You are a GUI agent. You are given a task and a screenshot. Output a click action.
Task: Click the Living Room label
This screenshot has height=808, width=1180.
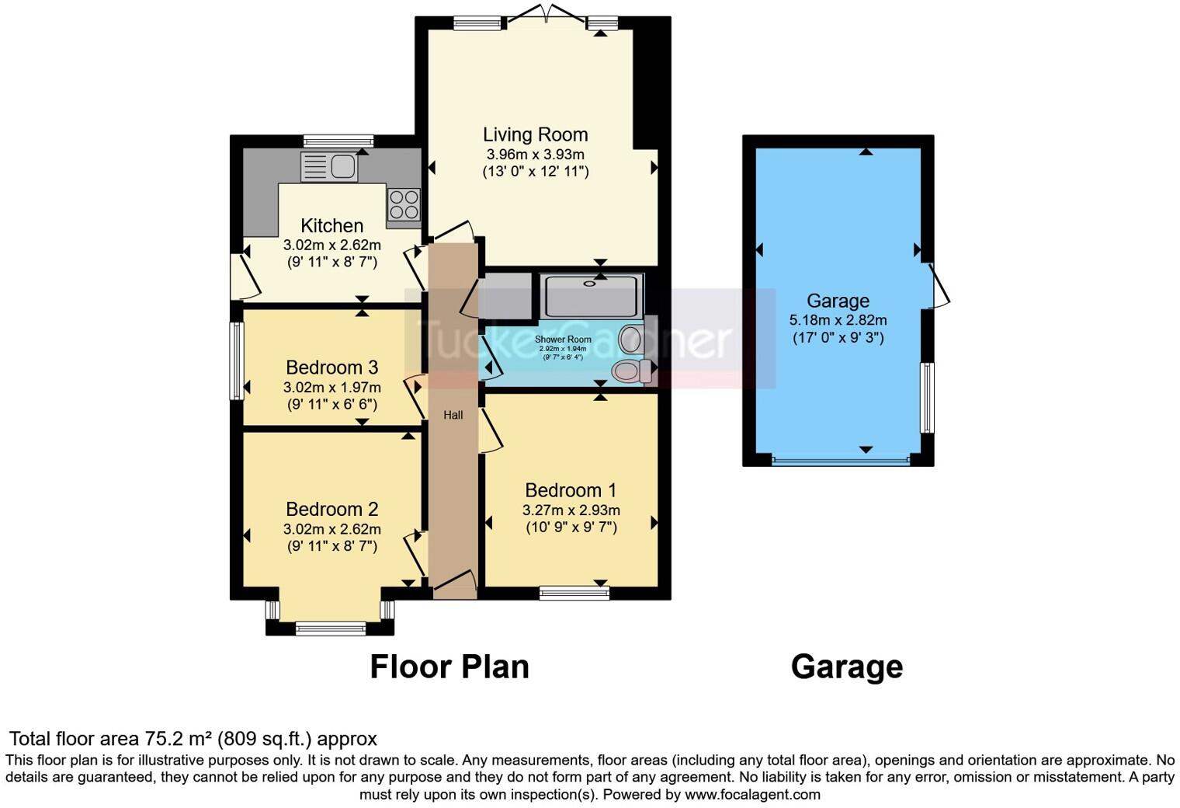pos(535,134)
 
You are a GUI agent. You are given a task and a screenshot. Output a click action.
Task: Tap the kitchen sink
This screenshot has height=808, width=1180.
pos(329,166)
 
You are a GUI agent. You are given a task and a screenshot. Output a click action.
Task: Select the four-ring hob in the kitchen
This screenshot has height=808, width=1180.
pos(404,204)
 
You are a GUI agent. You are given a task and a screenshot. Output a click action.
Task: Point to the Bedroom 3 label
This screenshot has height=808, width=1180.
pos(331,367)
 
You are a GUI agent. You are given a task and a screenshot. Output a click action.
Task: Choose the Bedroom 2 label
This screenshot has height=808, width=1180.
pos(331,509)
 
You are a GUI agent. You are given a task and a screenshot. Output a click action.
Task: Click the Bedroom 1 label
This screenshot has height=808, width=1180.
pos(571,490)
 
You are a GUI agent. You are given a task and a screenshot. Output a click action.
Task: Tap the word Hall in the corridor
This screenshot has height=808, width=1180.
pos(453,415)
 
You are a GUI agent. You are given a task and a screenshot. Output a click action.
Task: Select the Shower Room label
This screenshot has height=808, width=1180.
pos(563,340)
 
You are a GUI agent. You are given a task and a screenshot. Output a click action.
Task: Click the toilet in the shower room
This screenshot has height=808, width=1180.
pos(633,371)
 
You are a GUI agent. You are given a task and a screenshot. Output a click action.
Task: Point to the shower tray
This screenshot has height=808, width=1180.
pos(593,295)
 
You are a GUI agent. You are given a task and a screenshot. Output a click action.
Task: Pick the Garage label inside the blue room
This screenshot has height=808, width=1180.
pos(838,301)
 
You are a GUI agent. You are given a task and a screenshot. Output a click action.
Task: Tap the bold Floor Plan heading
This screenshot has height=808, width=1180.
pos(449,667)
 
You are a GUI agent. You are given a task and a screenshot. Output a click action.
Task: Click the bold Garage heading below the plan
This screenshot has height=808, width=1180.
pos(846,667)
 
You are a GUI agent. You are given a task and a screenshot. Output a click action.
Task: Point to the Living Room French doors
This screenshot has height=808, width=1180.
pos(547,16)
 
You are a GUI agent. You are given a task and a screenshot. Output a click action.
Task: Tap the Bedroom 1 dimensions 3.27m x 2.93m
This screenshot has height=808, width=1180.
pos(571,510)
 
